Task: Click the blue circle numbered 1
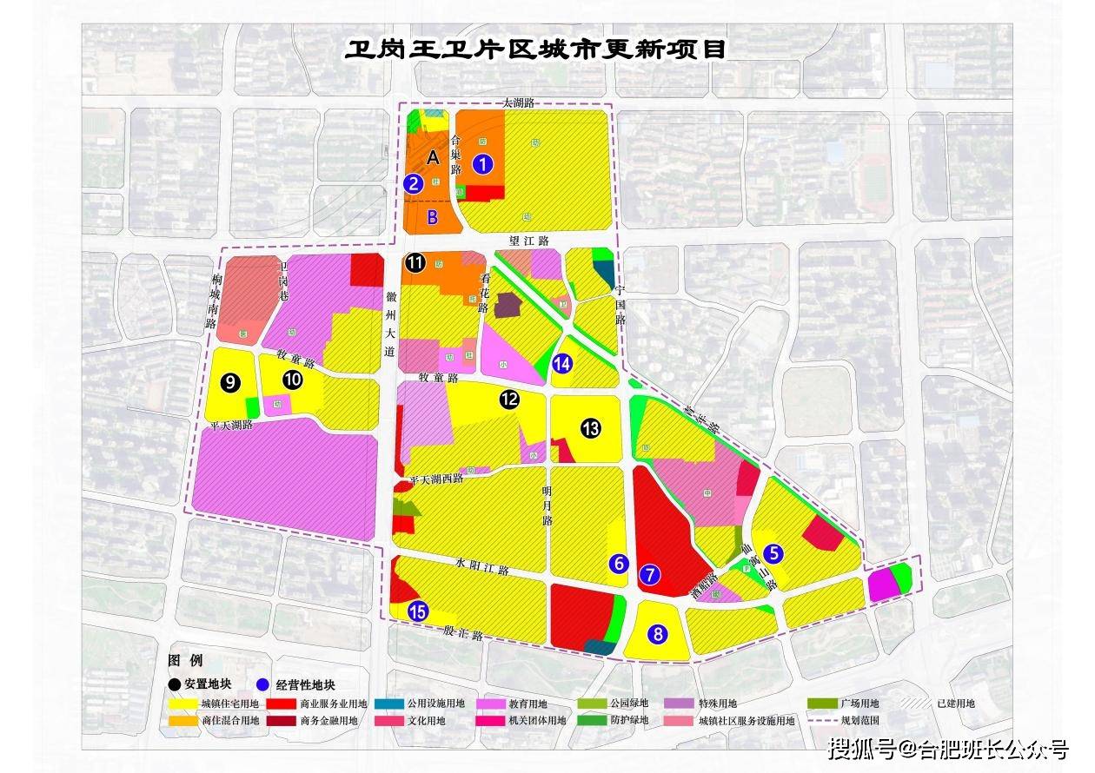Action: coord(482,162)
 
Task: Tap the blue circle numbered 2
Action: coord(414,183)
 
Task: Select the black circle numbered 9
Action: coord(230,382)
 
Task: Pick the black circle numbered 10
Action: coord(293,380)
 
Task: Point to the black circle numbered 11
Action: coord(415,263)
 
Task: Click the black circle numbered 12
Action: coord(509,400)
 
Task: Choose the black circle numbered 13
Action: coord(591,427)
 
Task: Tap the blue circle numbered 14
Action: coord(562,364)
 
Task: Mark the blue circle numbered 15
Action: coord(418,611)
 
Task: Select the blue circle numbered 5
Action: coord(773,552)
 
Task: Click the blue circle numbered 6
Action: coord(619,564)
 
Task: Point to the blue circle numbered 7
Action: coord(651,574)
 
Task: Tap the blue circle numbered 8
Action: coord(658,635)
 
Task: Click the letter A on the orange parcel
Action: coord(433,157)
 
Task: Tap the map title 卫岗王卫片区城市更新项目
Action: coord(535,49)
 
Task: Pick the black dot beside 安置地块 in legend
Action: coord(176,684)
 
